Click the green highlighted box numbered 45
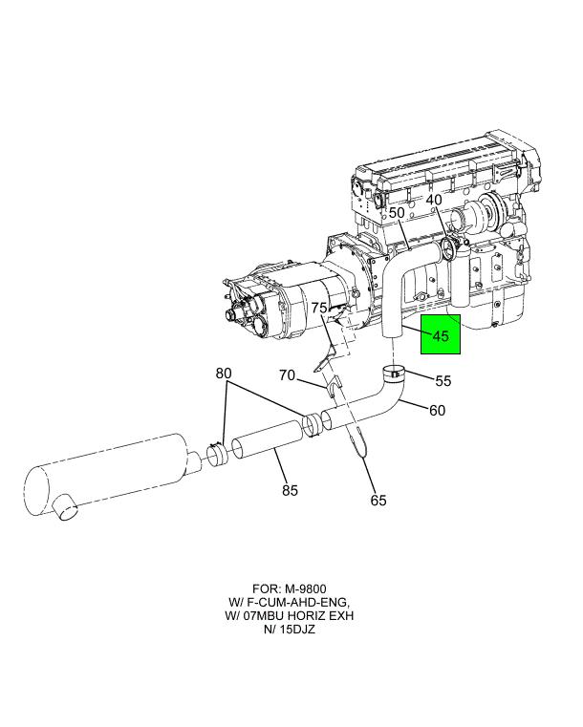441,334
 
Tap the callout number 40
434,201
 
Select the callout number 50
397,213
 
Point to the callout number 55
443,380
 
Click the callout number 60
438,411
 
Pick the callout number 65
378,501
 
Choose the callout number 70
287,374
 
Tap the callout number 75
319,308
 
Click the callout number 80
224,374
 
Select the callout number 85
290,490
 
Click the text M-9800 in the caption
305,588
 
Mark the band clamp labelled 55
394,374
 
